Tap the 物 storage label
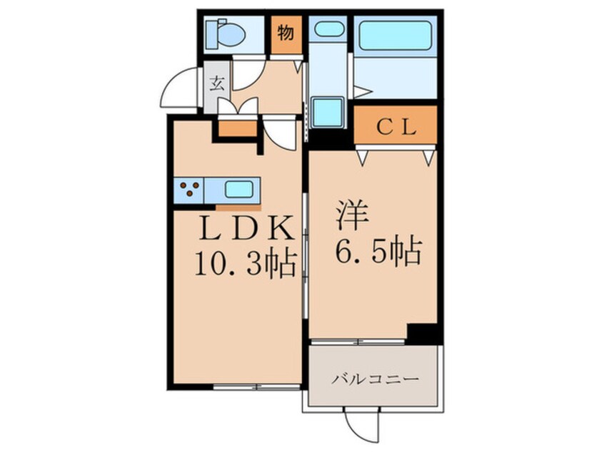(286, 32)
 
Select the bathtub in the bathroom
(396, 36)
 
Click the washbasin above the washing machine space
(328, 29)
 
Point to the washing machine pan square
(328, 112)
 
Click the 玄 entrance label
(217, 83)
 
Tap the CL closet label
(396, 128)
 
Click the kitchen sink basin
(239, 189)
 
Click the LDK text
(246, 229)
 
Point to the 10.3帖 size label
(246, 264)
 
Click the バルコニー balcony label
(376, 380)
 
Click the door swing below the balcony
(360, 426)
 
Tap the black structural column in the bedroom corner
(422, 334)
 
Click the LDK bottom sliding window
(257, 387)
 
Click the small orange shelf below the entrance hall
(238, 128)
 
